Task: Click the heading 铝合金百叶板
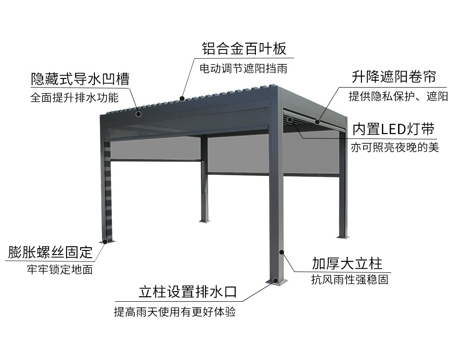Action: click(x=244, y=49)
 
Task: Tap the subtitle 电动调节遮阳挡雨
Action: click(x=244, y=69)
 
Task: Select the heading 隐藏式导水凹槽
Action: click(x=80, y=79)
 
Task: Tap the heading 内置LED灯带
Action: click(x=393, y=129)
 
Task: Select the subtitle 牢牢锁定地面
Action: click(x=60, y=270)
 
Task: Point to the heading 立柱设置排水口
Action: click(x=188, y=292)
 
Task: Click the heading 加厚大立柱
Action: click(x=347, y=263)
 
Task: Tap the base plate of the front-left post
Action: click(x=106, y=241)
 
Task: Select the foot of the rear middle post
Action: click(x=204, y=221)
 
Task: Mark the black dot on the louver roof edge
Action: click(x=182, y=98)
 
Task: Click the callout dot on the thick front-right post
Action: click(x=282, y=252)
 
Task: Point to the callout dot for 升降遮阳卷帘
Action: click(x=317, y=122)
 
